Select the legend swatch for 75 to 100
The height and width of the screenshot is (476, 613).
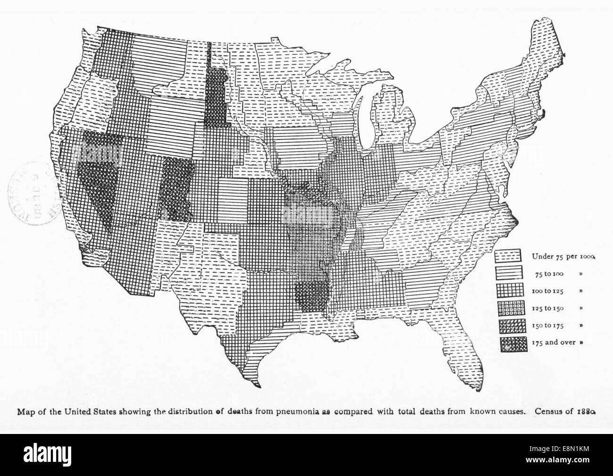pos(507,273)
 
